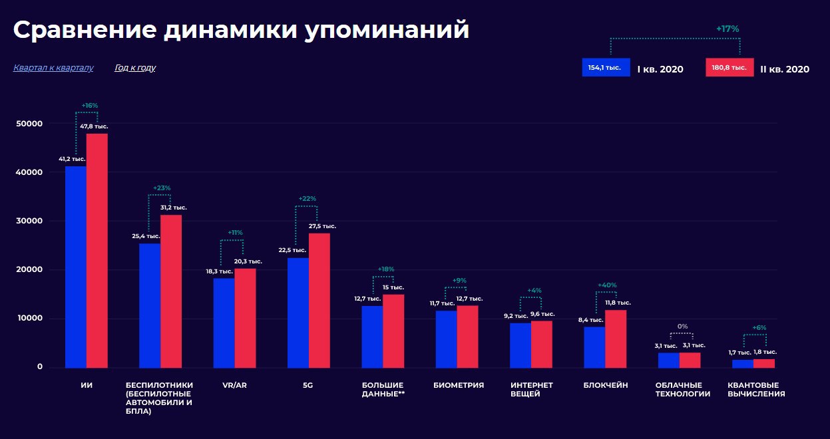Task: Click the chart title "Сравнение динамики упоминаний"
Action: (x=241, y=30)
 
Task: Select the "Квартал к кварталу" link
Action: (x=53, y=68)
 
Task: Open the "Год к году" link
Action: (x=135, y=68)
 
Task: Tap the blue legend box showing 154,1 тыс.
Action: (x=606, y=68)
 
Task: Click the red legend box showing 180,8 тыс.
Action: (x=729, y=68)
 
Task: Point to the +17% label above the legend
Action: (x=727, y=29)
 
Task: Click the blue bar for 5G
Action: (x=298, y=312)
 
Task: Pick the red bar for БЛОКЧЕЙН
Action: (x=616, y=339)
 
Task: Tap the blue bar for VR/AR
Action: (x=224, y=323)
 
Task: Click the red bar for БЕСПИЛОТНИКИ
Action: (x=171, y=291)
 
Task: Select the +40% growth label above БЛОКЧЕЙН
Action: (x=606, y=285)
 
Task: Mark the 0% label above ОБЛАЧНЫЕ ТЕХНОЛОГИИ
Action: (x=682, y=327)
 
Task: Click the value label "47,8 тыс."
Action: (x=94, y=126)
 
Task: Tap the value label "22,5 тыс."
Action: (x=292, y=250)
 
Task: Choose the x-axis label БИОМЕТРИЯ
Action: (x=458, y=385)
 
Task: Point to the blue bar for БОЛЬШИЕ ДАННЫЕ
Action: (x=372, y=337)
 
